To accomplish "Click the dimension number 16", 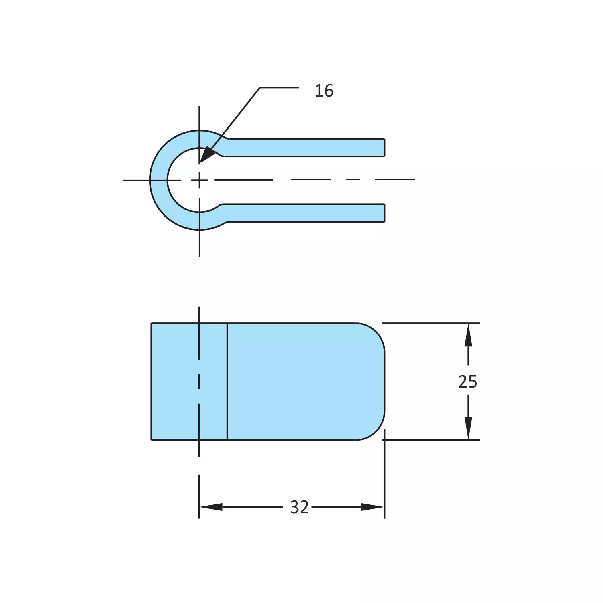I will click(x=324, y=91).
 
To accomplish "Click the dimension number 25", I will click(x=467, y=382).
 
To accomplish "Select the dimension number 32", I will click(x=299, y=507).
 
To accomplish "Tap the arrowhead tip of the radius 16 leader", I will click(x=201, y=161).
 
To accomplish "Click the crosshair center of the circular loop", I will click(x=199, y=180).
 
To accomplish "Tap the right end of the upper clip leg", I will click(x=384, y=147).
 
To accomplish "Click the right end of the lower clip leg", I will click(x=384, y=213).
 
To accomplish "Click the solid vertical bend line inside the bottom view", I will click(x=227, y=381).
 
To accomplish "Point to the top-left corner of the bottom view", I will click(x=152, y=323).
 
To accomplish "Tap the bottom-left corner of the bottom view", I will click(x=152, y=440).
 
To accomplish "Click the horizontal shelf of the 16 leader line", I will click(x=279, y=87).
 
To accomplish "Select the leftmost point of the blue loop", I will click(x=150, y=180).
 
